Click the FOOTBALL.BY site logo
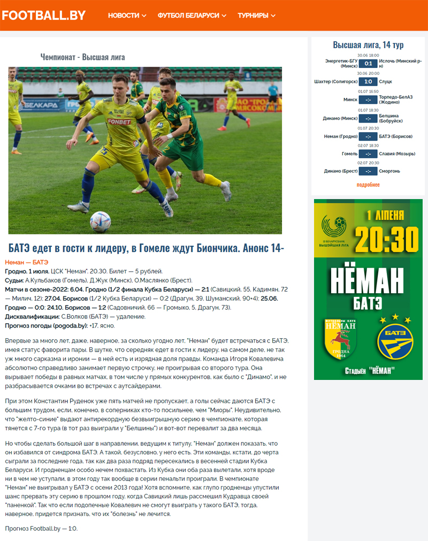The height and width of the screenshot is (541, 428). [x=43, y=16]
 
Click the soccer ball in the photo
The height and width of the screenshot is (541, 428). [x=100, y=221]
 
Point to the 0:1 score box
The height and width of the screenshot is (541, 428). [x=368, y=64]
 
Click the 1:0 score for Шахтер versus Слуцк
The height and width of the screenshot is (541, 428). [x=368, y=82]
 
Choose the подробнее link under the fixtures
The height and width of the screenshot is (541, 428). [x=368, y=185]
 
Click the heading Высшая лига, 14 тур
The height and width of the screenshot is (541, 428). [x=368, y=45]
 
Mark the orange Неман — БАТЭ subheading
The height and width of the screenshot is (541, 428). [x=27, y=262]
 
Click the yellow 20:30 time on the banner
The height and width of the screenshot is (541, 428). [x=386, y=239]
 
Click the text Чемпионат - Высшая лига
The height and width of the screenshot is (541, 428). [x=82, y=57]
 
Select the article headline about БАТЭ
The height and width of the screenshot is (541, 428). [x=146, y=248]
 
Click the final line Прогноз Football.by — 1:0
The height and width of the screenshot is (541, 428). [x=41, y=529]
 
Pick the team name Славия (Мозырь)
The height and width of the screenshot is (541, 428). [x=397, y=154]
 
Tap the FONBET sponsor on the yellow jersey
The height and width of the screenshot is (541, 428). [x=119, y=121]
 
